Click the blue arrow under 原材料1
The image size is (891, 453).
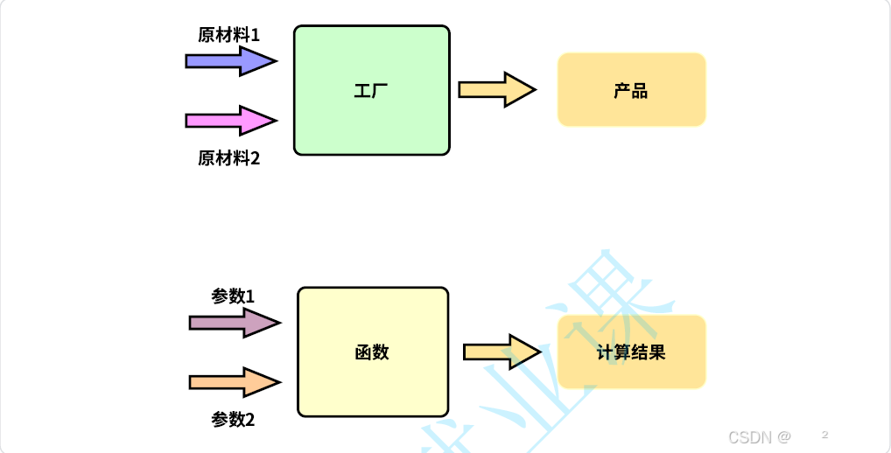pyautogui.click(x=230, y=60)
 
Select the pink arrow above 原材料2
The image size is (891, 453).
pyautogui.click(x=230, y=120)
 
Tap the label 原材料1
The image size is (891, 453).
pyautogui.click(x=229, y=35)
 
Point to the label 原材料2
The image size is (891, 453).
pyautogui.click(x=229, y=158)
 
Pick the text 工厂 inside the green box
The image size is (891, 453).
pyautogui.click(x=371, y=90)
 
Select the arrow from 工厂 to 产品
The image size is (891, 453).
pyautogui.click(x=495, y=89)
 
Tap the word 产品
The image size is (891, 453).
pyautogui.click(x=631, y=90)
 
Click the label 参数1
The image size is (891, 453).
pyautogui.click(x=233, y=296)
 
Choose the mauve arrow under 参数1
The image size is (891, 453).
pyautogui.click(x=234, y=323)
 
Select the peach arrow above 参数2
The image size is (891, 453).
pyautogui.click(x=234, y=381)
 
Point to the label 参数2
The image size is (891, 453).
pyautogui.click(x=233, y=420)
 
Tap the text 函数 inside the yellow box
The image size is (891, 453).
pyautogui.click(x=373, y=352)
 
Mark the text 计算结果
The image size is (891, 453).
pyautogui.click(x=631, y=352)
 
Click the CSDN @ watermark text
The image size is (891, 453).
pyautogui.click(x=759, y=436)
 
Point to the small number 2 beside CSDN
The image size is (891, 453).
pyautogui.click(x=824, y=434)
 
